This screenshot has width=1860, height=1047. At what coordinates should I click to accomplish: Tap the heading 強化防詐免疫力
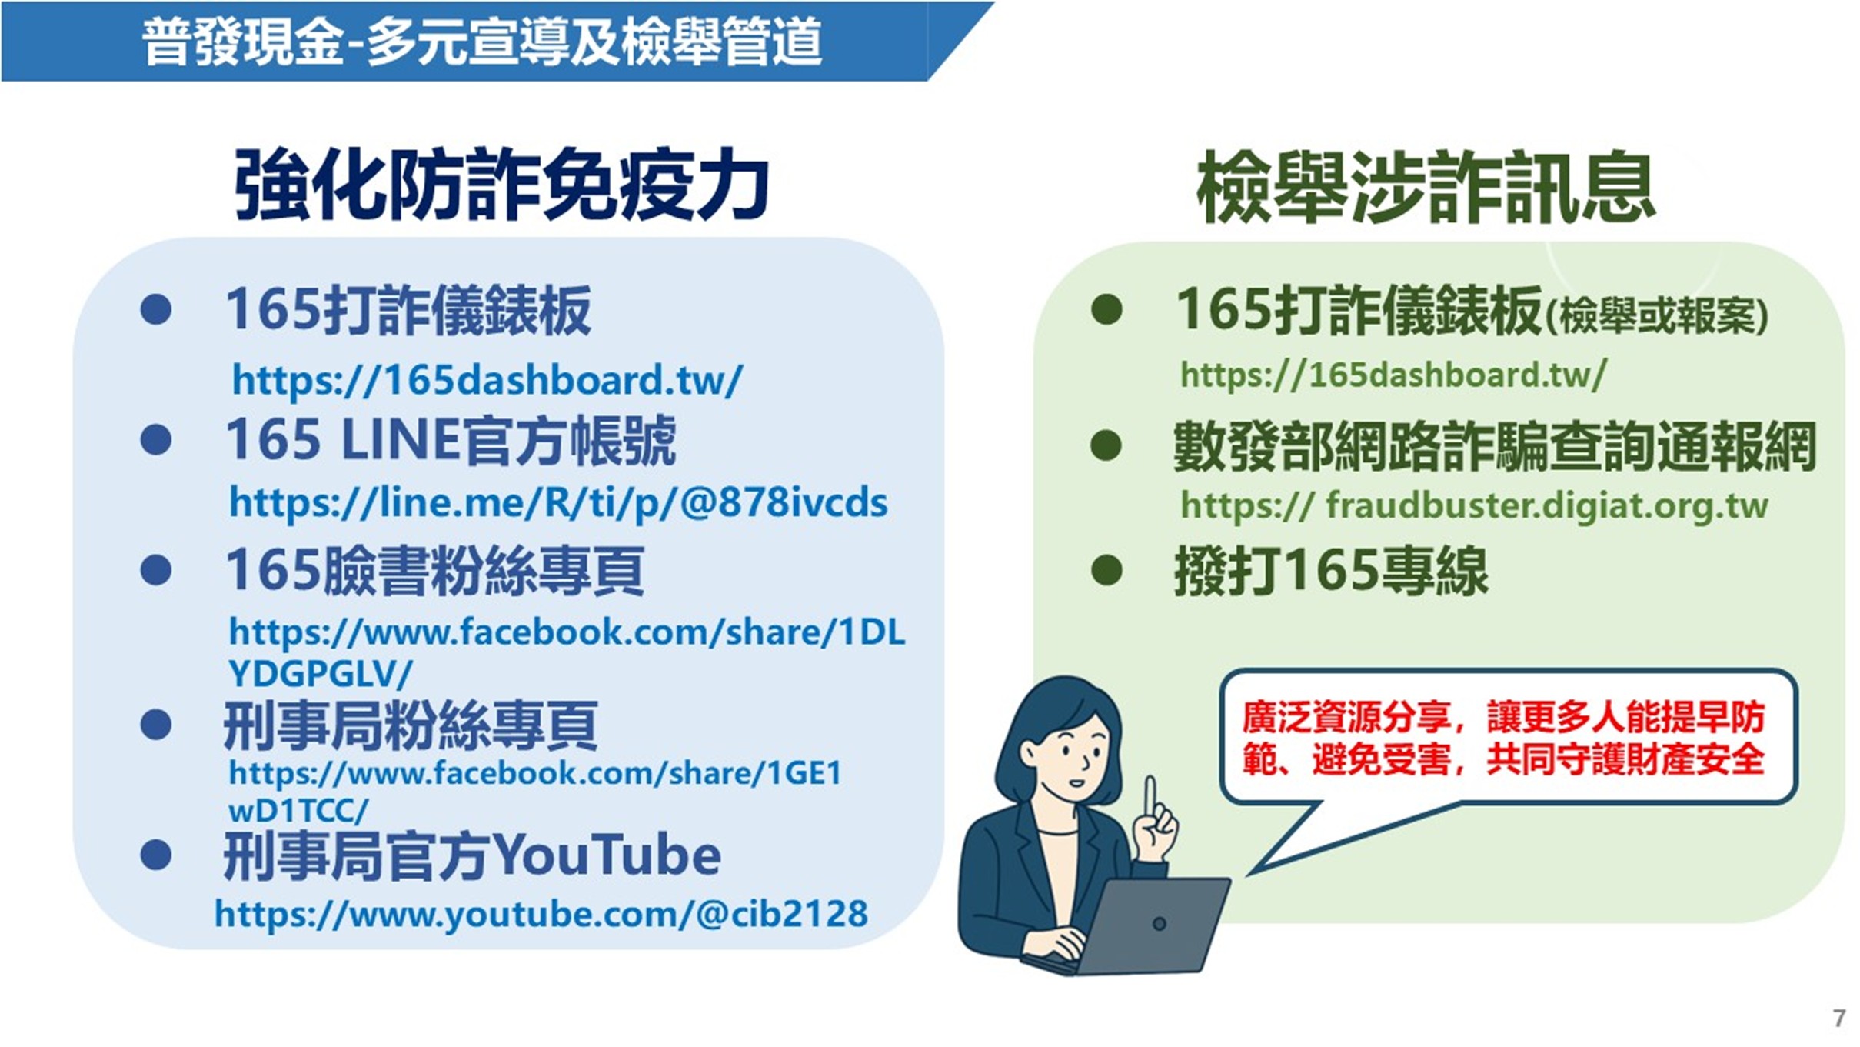501,185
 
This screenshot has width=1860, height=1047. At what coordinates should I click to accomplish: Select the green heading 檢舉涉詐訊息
1426,187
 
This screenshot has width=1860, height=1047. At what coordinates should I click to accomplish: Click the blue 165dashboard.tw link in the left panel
487,379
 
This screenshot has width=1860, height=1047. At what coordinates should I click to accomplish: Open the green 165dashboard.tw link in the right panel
1393,375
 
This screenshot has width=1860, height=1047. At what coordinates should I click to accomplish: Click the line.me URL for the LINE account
558,502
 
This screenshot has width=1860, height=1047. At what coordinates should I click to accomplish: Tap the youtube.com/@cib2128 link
541,914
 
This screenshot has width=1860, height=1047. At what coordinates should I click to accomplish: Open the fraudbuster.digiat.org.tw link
1474,505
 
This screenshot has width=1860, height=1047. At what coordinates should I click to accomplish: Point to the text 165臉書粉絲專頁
434,571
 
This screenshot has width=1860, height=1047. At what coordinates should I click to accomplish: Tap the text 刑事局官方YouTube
472,855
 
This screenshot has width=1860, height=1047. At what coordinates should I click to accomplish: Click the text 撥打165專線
1330,572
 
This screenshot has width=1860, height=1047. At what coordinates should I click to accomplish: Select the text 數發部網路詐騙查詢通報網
1494,446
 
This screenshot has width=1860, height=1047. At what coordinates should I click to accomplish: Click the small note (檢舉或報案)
1657,316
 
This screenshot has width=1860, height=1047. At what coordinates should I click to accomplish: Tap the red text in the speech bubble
1503,738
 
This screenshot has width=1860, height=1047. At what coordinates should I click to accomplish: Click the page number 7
1838,1018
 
